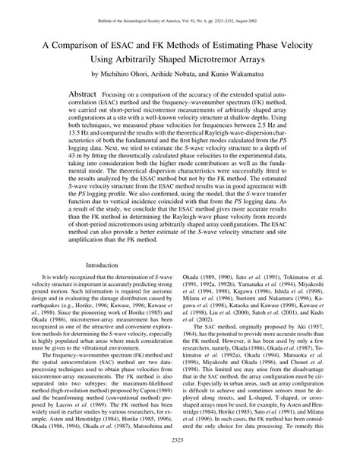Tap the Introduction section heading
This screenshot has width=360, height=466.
[x=102, y=264]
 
